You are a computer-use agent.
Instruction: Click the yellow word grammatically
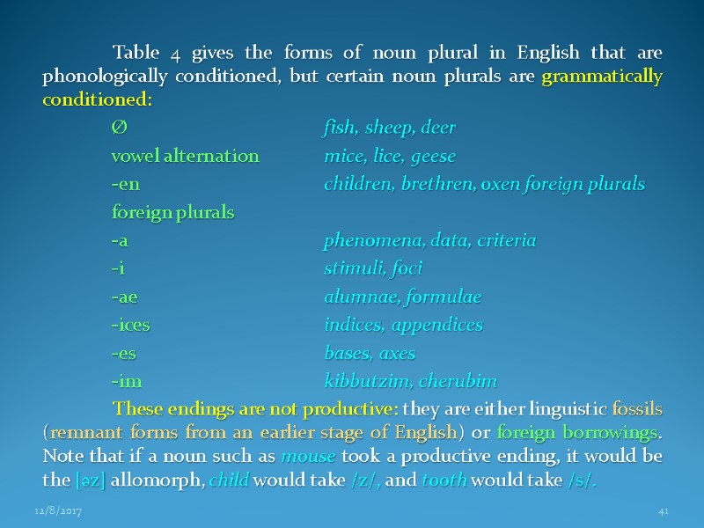point(603,77)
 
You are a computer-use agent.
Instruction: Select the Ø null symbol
point(119,128)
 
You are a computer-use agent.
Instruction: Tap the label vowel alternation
point(185,157)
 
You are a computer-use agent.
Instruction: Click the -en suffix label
point(125,185)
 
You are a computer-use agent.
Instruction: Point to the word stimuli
point(348,268)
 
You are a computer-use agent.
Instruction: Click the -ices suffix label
point(130,325)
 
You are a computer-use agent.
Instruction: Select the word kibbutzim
point(363,382)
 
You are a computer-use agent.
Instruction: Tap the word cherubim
point(458,382)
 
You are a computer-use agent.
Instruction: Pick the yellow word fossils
point(633,410)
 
